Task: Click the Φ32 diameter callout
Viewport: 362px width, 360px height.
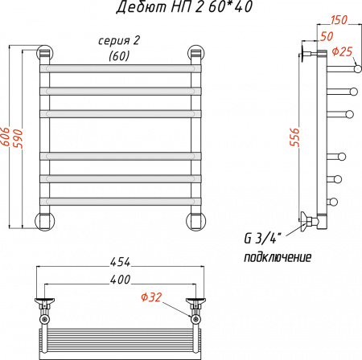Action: coord(150,297)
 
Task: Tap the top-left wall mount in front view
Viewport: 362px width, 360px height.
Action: coord(44,54)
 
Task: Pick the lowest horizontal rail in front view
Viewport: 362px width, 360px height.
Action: coord(121,198)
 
